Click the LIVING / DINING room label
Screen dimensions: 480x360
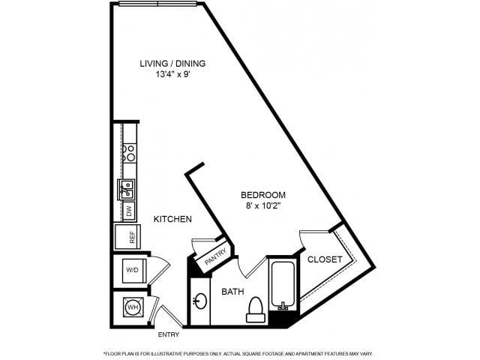tap(172, 64)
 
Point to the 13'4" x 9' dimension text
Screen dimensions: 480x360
tap(173, 74)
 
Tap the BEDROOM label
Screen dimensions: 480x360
tap(263, 195)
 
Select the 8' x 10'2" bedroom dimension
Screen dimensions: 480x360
tap(263, 205)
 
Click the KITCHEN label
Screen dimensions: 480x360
tap(172, 219)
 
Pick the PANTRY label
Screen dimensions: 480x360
tap(215, 256)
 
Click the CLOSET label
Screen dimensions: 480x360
tap(325, 259)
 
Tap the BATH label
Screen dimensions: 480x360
tap(232, 292)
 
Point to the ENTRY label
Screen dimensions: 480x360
tap(168, 335)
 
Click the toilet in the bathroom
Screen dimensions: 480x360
tap(256, 310)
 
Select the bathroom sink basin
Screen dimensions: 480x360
tap(201, 301)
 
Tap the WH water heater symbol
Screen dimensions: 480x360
tap(133, 307)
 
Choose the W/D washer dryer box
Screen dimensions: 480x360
tap(132, 271)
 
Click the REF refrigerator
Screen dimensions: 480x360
tap(127, 237)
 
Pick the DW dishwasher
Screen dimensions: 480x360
tap(129, 211)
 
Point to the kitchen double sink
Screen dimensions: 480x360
tap(126, 190)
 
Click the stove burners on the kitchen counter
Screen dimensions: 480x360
tap(129, 153)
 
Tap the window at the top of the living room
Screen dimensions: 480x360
tap(158, 4)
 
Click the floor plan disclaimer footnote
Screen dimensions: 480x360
tap(238, 353)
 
